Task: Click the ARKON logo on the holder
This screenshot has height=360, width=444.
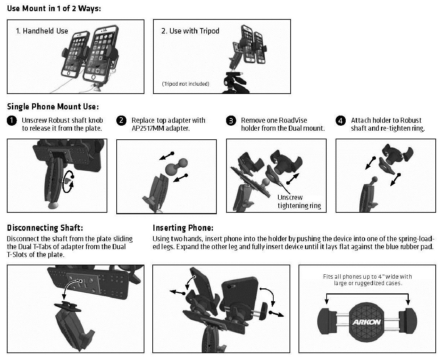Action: (x=367, y=322)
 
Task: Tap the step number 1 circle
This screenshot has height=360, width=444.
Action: (x=12, y=121)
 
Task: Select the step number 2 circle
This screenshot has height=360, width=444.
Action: (x=121, y=121)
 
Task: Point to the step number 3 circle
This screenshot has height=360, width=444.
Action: (x=231, y=121)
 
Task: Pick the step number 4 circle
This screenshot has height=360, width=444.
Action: (x=341, y=121)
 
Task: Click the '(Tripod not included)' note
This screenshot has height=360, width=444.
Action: (x=185, y=84)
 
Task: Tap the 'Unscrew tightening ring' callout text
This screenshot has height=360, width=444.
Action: (x=299, y=202)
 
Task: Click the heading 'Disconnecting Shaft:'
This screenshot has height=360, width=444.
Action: (x=45, y=228)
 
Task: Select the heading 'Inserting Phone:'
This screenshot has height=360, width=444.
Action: (x=183, y=228)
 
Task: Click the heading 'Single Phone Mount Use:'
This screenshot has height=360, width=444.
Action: (x=53, y=107)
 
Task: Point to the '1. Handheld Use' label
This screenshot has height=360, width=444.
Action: (x=42, y=31)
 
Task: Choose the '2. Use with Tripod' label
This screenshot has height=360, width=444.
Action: (x=190, y=31)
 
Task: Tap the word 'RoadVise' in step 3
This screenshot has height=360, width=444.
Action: (x=293, y=120)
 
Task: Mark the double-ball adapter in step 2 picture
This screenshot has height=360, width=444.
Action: (x=176, y=167)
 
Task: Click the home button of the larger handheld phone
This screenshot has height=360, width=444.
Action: (x=93, y=77)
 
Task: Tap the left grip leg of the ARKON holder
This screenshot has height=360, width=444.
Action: (x=327, y=321)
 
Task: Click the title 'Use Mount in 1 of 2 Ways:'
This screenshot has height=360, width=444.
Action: (x=54, y=9)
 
